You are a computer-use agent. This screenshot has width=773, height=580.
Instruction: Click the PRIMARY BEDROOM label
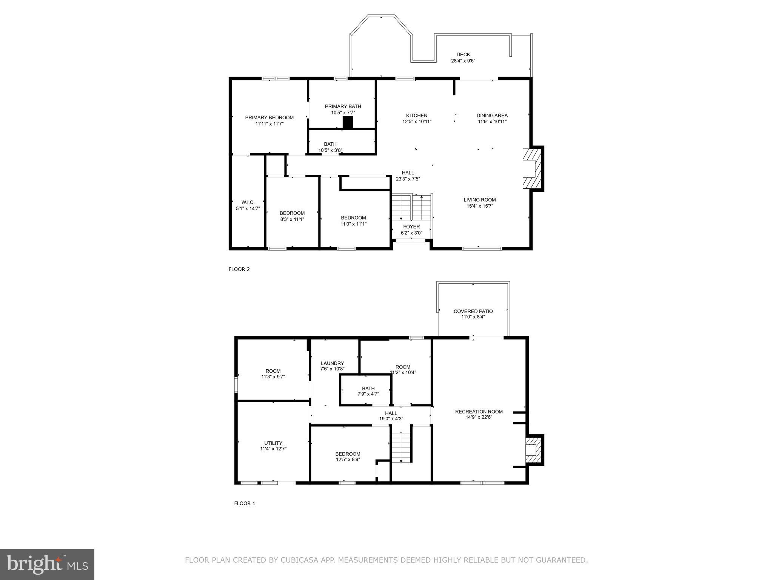(269, 117)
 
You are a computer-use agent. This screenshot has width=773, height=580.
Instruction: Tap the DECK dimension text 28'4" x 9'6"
(463, 61)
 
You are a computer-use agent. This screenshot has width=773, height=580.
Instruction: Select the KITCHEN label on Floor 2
(417, 116)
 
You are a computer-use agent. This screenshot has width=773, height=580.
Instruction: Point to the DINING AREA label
(492, 116)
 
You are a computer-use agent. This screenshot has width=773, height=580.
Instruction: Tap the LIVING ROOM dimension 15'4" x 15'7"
(480, 206)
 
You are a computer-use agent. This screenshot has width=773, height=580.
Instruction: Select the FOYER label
(411, 227)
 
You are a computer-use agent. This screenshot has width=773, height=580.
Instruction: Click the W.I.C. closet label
(248, 202)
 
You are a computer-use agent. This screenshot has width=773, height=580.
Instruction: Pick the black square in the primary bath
(348, 122)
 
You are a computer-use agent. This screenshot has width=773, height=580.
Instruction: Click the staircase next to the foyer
(411, 207)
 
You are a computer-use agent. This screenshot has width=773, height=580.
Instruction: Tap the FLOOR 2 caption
(239, 269)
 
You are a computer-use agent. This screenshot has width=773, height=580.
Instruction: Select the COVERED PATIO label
(473, 311)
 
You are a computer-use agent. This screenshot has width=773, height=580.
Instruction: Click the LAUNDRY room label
(332, 363)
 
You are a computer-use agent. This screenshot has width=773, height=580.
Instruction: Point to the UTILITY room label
(273, 443)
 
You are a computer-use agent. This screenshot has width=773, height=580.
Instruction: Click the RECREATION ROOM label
(479, 412)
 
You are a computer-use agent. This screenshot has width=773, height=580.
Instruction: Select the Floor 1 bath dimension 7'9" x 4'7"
(368, 394)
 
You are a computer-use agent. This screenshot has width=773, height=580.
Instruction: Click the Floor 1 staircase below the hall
(401, 447)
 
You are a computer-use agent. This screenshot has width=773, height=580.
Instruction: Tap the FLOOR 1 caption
(245, 503)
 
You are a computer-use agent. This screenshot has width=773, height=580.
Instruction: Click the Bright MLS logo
(47, 564)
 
